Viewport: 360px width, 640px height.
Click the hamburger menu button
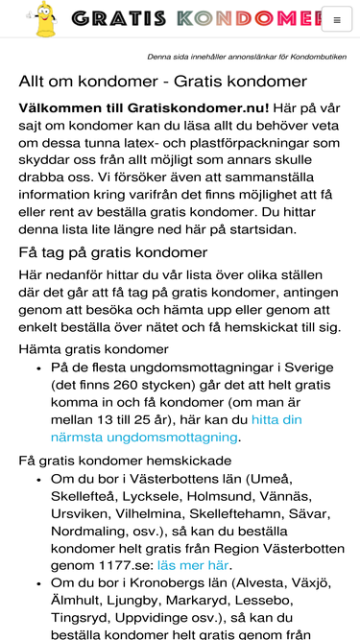336,18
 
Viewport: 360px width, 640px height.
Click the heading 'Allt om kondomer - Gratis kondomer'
162,82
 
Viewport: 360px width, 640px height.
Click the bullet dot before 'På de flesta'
37,367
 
